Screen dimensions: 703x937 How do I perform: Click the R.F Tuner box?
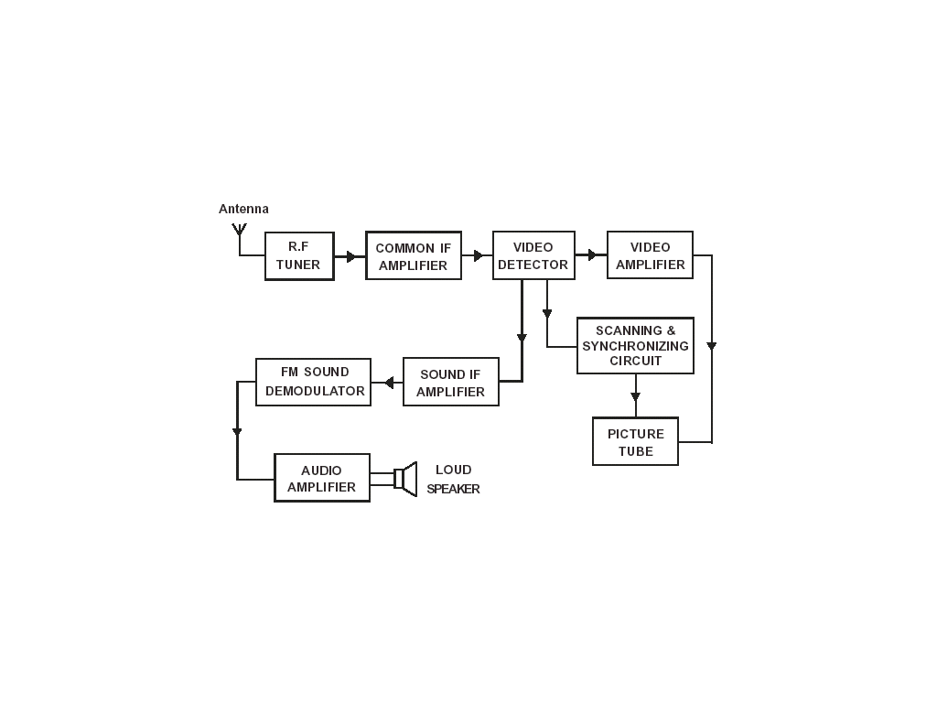coord(299,255)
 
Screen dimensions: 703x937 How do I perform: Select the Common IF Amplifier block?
coord(414,256)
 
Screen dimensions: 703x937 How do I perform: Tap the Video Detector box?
coord(533,255)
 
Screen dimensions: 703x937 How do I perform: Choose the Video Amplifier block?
coord(650,255)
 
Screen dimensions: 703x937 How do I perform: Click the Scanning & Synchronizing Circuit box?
coord(635,346)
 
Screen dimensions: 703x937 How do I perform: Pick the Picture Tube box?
coord(635,442)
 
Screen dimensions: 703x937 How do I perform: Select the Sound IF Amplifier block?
coord(450,383)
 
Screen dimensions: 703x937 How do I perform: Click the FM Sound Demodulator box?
coord(314,382)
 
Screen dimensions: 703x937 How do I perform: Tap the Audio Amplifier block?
coord(322,478)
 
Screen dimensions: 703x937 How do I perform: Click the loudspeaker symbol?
coord(404,478)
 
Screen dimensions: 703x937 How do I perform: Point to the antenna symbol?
coord(239,229)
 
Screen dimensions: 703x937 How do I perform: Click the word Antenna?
coord(243,210)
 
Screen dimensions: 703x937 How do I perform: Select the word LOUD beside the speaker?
coord(454,470)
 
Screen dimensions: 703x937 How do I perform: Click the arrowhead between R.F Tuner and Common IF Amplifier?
coord(351,256)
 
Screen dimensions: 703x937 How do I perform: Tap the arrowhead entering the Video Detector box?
coord(479,256)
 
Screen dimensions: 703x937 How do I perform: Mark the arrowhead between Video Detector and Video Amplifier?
coord(593,254)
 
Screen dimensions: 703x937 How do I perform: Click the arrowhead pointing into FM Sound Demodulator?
coord(388,383)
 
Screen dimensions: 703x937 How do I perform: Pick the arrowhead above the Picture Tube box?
coord(635,397)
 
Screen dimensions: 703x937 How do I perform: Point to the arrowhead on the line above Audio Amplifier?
coord(237,432)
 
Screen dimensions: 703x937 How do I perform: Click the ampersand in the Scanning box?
coord(671,331)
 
